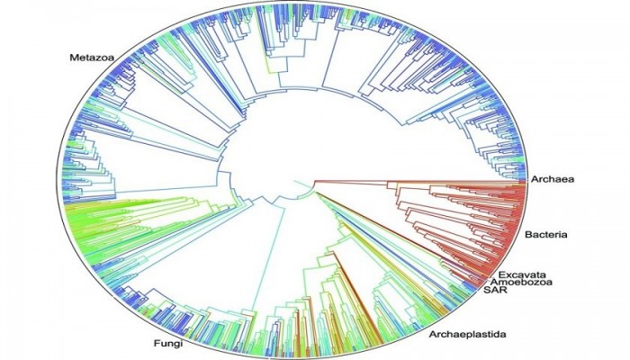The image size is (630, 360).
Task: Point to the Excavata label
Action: pyautogui.click(x=523, y=272)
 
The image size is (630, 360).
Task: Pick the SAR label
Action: pyautogui.click(x=494, y=291)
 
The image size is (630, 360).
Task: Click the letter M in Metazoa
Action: pyautogui.click(x=75, y=58)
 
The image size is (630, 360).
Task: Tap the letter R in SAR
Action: pyautogui.click(x=502, y=291)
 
